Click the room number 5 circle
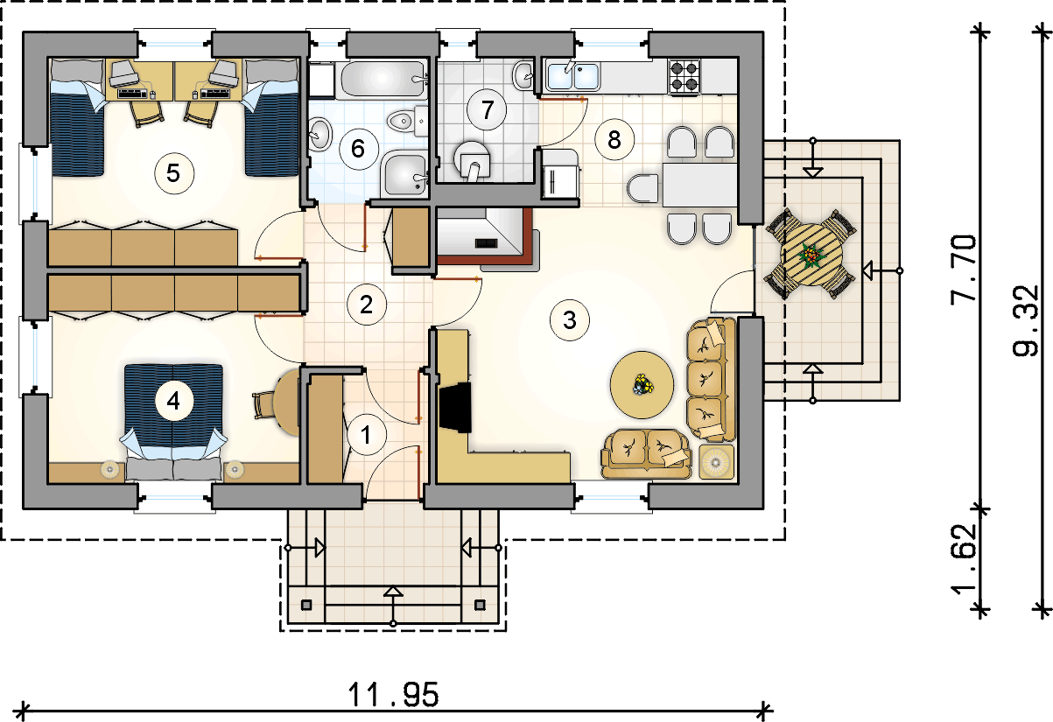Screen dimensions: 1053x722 (x=174, y=173)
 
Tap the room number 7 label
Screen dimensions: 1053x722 (x=487, y=109)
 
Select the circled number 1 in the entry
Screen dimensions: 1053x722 (x=366, y=435)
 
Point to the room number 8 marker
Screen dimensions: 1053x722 (x=614, y=140)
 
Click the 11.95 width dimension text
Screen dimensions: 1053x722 (x=393, y=695)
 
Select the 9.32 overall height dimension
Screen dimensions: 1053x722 (x=1025, y=321)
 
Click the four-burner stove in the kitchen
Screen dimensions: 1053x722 (x=684, y=77)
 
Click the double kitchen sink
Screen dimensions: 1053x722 (x=572, y=75)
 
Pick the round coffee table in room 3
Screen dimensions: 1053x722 (x=642, y=384)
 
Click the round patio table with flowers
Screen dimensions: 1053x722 (x=811, y=256)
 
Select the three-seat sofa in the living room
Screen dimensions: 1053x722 (x=710, y=380)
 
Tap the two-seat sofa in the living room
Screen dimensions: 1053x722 (x=646, y=453)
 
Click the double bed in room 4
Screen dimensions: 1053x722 (x=173, y=421)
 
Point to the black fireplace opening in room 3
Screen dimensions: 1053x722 (x=455, y=407)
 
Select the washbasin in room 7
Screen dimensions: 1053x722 (x=523, y=75)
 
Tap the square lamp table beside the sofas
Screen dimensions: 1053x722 (x=716, y=461)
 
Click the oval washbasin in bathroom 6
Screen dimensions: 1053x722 (x=320, y=135)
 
